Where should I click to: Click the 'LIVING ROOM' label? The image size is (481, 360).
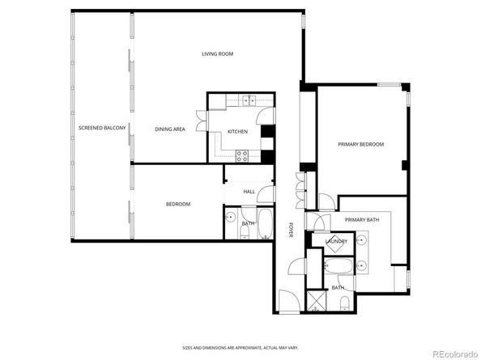[x=217, y=54]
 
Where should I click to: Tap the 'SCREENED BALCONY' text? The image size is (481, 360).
[x=101, y=128]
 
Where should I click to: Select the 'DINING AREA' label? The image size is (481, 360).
[x=170, y=129]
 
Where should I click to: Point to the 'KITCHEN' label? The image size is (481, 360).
[x=237, y=131]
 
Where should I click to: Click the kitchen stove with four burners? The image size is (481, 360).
[x=240, y=155]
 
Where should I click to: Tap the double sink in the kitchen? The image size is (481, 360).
[x=247, y=100]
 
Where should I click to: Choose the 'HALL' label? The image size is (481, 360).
[x=249, y=192]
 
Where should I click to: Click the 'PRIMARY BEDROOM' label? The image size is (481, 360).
[x=360, y=144]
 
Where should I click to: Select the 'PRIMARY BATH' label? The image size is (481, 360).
[x=361, y=220]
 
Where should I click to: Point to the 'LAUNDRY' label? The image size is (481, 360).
[x=337, y=242]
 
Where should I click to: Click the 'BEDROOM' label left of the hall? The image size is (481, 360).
[x=178, y=204]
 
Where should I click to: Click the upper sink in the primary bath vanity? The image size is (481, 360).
[x=362, y=240]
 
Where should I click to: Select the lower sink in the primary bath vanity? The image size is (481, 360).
[x=362, y=265]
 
